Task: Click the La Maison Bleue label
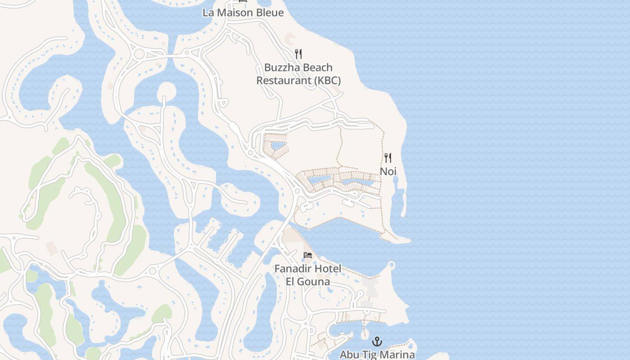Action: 243,13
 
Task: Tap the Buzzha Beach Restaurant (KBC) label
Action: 298,74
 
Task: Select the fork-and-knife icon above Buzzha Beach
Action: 298,54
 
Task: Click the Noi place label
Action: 388,171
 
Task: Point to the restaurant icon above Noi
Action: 388,158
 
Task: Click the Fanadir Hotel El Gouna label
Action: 308,275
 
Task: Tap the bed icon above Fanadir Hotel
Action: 308,255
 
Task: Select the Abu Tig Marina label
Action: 377,355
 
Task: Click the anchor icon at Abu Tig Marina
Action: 377,342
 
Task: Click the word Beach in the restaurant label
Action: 317,67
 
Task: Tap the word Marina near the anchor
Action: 397,355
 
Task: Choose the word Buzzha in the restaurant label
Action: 281,67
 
